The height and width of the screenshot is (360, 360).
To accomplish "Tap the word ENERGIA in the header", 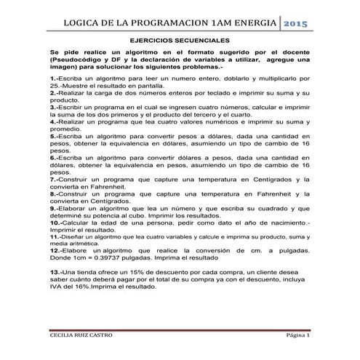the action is (x=250, y=23).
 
